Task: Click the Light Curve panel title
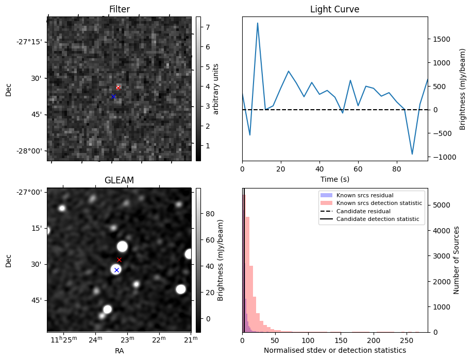click(334, 9)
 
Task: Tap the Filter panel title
click(119, 9)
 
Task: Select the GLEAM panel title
click(119, 180)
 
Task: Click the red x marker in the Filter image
click(118, 88)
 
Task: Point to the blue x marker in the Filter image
click(113, 96)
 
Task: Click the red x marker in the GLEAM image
click(119, 260)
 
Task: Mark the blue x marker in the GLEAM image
click(116, 270)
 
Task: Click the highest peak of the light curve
click(258, 23)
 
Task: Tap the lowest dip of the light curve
click(412, 154)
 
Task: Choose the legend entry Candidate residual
click(364, 212)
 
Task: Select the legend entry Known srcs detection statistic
click(379, 203)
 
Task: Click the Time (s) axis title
click(334, 178)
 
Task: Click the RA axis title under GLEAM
click(119, 351)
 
